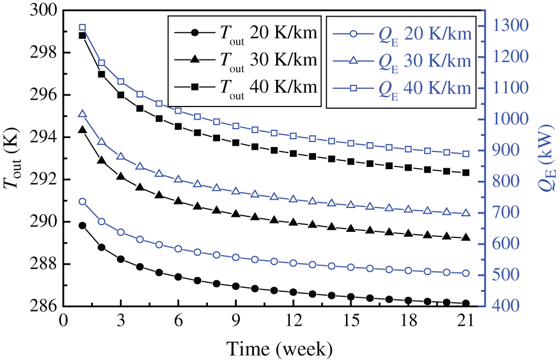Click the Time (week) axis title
click(x=279, y=349)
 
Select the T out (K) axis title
click(x=15, y=158)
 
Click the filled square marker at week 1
click(x=82, y=36)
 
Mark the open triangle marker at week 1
click(x=82, y=114)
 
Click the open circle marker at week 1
click(x=82, y=201)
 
